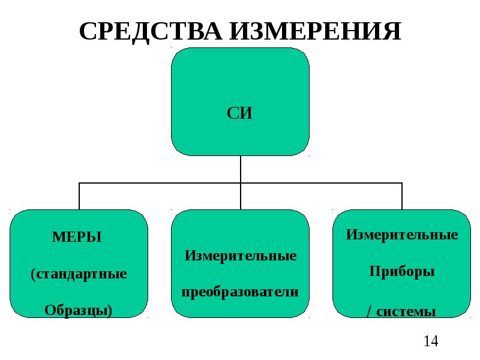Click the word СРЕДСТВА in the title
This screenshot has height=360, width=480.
click(x=151, y=32)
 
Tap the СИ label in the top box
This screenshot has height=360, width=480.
click(x=239, y=113)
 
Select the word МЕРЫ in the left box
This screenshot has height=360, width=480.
click(x=77, y=237)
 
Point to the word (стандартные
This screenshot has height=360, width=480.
click(x=79, y=274)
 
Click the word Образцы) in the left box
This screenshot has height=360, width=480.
click(x=79, y=310)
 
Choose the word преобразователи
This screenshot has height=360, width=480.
click(x=240, y=292)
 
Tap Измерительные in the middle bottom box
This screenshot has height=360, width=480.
click(x=241, y=256)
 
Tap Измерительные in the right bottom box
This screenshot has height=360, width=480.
click(x=402, y=235)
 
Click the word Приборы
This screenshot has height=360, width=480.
click(x=402, y=271)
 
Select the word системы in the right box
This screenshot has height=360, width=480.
click(x=406, y=312)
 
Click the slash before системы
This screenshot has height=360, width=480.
click(x=370, y=312)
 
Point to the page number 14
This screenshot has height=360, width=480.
click(x=431, y=341)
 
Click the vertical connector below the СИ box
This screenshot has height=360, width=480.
click(x=241, y=169)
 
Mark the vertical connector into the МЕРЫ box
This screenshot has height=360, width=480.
click(x=79, y=196)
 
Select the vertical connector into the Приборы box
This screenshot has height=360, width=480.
click(x=402, y=196)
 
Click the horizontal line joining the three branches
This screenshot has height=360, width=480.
click(x=241, y=183)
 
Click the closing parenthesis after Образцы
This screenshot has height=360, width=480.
click(x=110, y=311)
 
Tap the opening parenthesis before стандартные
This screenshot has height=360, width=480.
click(x=33, y=275)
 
